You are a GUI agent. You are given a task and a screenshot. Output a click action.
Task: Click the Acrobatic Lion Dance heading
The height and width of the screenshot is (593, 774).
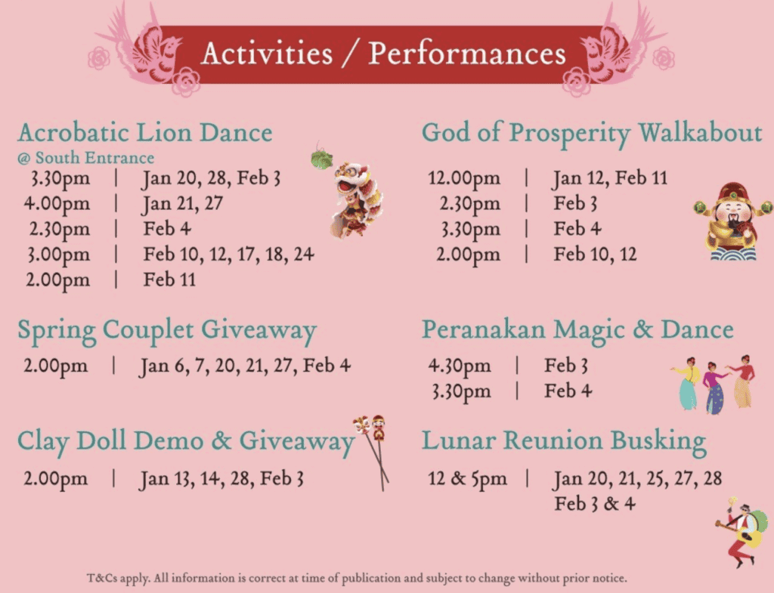coord(145,132)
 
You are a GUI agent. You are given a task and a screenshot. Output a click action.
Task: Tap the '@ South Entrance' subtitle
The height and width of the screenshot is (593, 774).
coord(85,158)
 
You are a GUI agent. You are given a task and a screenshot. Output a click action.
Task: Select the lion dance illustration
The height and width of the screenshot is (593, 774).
coord(357,199)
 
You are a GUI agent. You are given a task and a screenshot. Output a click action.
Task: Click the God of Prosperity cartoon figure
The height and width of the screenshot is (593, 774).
coord(733,221)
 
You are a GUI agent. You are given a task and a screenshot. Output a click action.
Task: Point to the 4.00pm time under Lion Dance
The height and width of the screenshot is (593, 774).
coord(57,204)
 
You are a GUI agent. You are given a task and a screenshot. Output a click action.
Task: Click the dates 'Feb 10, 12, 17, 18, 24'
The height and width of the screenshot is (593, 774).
coord(228,255)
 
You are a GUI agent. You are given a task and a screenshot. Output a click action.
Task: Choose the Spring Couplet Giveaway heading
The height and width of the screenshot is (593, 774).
coord(167,331)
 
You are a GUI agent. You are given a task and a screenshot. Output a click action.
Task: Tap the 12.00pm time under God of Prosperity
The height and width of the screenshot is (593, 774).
coord(464,178)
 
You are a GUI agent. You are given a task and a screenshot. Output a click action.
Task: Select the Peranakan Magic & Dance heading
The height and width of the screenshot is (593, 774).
coord(577,329)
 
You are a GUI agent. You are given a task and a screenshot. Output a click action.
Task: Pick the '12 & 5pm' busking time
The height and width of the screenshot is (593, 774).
coord(467,478)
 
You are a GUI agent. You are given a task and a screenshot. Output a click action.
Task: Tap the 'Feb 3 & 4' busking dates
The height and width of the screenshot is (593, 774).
coord(594,504)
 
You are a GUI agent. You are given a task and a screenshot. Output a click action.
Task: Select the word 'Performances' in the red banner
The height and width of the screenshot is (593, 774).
coord(467,54)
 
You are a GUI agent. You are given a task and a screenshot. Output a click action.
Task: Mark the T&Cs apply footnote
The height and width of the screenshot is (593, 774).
coord(357,578)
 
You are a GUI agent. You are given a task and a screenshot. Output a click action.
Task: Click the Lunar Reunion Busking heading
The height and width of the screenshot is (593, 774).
coord(564,440)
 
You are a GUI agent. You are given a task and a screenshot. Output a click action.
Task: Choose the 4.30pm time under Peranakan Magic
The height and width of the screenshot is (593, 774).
coord(459,366)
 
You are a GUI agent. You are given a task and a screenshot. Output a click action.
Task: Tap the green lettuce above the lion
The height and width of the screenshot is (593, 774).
coord(322,158)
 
